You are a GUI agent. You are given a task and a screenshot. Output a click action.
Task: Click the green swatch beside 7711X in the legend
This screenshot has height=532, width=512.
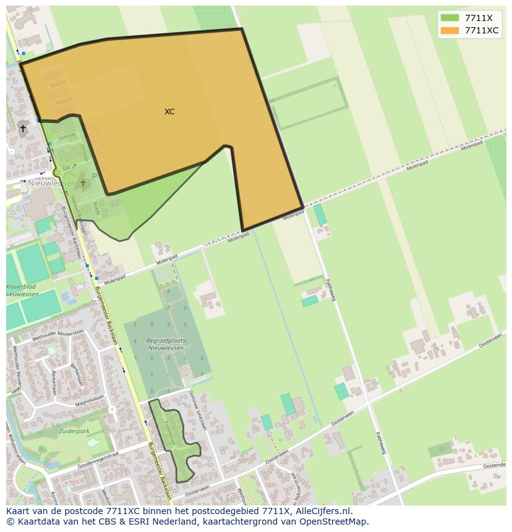[x=450, y=18]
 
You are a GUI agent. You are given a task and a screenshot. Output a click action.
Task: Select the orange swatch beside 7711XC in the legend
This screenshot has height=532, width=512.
[x=450, y=30]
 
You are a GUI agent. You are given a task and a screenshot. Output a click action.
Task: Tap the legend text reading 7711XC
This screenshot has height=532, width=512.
[x=482, y=30]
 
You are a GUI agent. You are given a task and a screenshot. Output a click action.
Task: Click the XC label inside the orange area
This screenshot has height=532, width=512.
[x=169, y=112]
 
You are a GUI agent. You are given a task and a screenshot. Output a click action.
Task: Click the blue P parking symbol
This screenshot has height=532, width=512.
[x=94, y=176]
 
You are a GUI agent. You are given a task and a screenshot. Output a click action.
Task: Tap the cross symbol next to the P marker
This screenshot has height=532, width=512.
[x=83, y=183]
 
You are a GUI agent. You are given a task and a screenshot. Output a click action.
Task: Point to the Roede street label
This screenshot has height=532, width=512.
[x=95, y=207]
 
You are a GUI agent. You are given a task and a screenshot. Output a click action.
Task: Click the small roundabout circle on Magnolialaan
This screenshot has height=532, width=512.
[x=112, y=409]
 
